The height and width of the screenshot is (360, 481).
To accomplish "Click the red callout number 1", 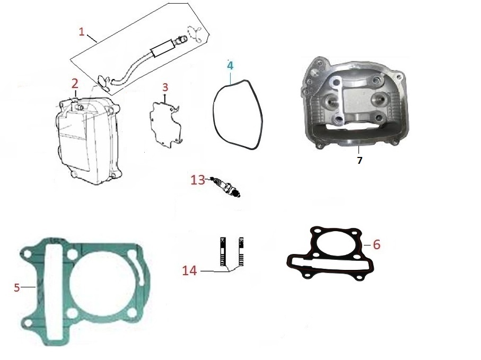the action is click(82, 32).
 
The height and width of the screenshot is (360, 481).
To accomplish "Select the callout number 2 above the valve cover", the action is click(75, 83).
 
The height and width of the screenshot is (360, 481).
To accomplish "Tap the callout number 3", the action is click(165, 87).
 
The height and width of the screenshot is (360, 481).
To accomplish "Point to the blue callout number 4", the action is click(230, 65).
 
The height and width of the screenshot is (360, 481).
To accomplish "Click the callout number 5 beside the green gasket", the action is click(17, 287).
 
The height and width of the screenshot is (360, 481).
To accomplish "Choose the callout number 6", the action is click(377, 244).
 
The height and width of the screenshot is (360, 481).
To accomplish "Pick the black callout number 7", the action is click(360, 160).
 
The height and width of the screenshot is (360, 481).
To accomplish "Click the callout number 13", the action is click(198, 180).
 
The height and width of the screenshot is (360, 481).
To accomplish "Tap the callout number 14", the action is click(189, 271).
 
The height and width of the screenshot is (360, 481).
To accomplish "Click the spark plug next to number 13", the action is click(226, 187).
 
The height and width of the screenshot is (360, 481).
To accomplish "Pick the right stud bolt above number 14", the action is click(241, 252).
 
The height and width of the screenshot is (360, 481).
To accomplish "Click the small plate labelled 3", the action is click(165, 123).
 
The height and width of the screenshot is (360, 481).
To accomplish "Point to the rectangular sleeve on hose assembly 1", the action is click(163, 48).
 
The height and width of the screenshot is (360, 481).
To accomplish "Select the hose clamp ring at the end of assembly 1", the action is click(195, 34).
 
